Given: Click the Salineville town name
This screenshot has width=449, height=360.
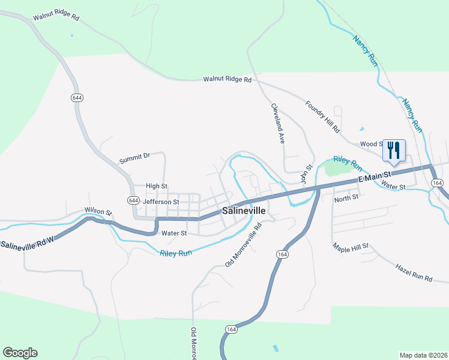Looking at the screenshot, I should click(244, 211).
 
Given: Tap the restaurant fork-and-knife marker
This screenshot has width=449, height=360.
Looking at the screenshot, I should click(394, 149).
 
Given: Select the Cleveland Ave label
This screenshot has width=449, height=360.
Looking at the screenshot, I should click(277, 124).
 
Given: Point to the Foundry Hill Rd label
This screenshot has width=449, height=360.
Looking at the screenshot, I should click(322, 117).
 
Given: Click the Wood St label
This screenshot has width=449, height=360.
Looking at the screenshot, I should click(371, 144).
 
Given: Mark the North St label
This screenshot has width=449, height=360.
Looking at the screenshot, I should click(346, 197).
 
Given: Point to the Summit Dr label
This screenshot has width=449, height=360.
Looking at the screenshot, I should click(134, 158).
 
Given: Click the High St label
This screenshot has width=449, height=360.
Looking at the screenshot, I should click(157, 187).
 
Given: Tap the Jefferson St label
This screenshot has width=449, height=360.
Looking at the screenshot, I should click(160, 202).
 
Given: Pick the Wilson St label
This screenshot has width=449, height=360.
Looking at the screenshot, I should click(98, 211).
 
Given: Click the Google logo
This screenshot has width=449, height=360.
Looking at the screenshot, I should click(20, 353).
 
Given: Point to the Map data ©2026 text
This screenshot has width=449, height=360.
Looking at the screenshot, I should click(423, 355).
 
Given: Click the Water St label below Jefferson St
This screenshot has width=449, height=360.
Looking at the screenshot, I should click(175, 233).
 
